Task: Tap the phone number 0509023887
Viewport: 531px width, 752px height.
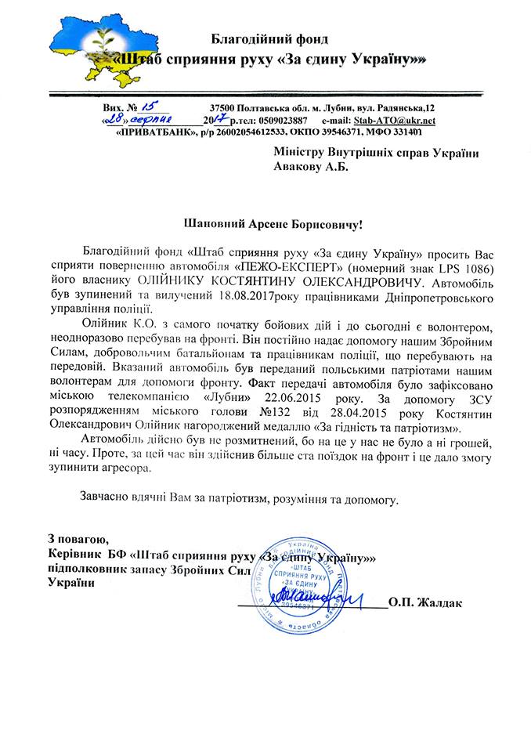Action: click(280, 121)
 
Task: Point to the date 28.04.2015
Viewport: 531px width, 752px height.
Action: click(349, 414)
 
